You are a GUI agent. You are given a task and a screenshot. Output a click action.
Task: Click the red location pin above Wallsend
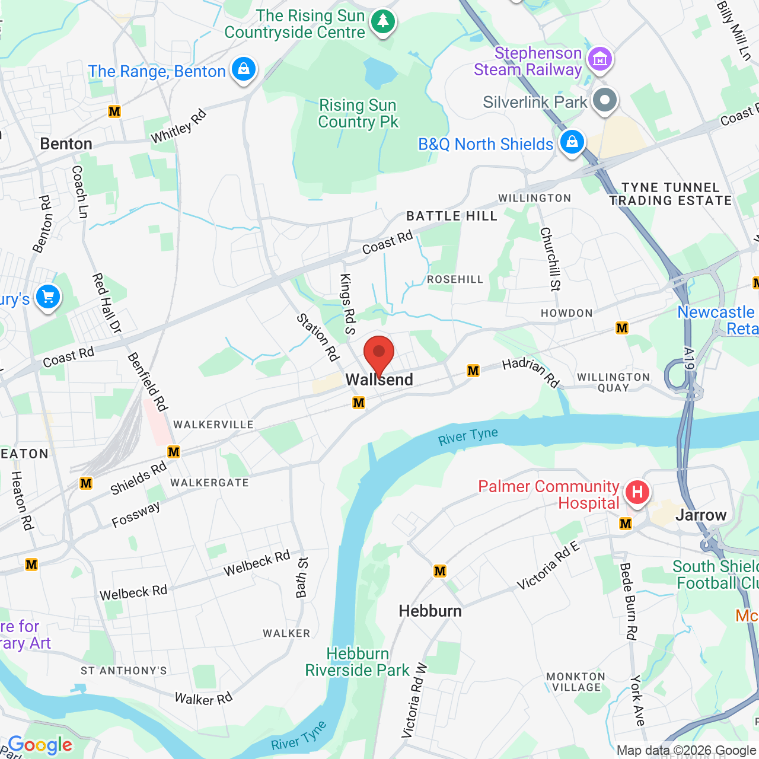(x=378, y=353)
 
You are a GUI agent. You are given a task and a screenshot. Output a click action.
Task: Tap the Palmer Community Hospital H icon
(x=637, y=492)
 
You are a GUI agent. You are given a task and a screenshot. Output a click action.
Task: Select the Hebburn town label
(x=430, y=611)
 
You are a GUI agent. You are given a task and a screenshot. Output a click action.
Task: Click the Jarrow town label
(x=701, y=515)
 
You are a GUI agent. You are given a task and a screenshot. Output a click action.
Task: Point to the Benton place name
(x=66, y=144)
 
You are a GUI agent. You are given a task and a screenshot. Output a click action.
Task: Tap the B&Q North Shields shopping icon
(x=572, y=142)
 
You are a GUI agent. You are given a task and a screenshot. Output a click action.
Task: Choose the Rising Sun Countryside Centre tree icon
(x=383, y=22)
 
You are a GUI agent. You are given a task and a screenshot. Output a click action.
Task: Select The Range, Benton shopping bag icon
(x=243, y=69)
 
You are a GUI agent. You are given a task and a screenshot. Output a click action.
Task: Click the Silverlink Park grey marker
(x=605, y=100)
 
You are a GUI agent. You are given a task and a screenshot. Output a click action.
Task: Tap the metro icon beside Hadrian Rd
(x=473, y=371)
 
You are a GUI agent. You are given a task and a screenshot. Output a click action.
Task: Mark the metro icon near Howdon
(x=622, y=328)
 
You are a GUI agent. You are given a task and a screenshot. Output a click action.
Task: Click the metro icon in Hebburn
(x=440, y=571)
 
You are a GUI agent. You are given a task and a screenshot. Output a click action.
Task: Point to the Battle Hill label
(x=452, y=216)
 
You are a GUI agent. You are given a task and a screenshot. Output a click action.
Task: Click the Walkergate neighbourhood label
(x=209, y=483)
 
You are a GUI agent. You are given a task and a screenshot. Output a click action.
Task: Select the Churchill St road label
(x=550, y=259)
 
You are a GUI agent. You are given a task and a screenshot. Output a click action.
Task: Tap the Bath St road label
(x=302, y=577)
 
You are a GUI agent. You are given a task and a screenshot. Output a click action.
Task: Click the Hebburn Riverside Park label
(x=358, y=662)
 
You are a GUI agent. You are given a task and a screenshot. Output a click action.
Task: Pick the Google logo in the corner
(x=40, y=745)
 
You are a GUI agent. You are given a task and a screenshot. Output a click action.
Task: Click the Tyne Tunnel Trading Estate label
(x=671, y=194)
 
